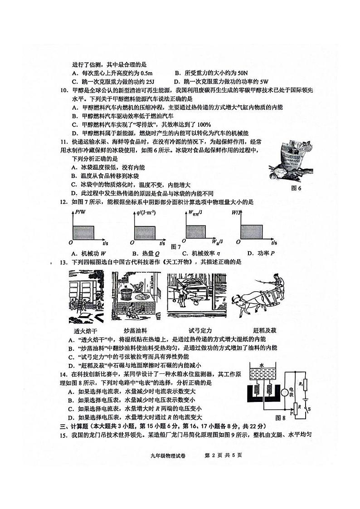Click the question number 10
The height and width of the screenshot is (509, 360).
pos(63,91)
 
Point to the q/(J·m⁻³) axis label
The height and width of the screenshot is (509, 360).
pos(146,212)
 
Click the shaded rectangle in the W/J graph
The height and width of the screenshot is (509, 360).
pos(252,233)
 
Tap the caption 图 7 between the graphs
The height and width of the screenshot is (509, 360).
pos(176,246)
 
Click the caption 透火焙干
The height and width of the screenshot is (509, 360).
pos(86,330)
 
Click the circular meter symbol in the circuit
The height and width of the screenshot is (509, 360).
pos(285,392)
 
